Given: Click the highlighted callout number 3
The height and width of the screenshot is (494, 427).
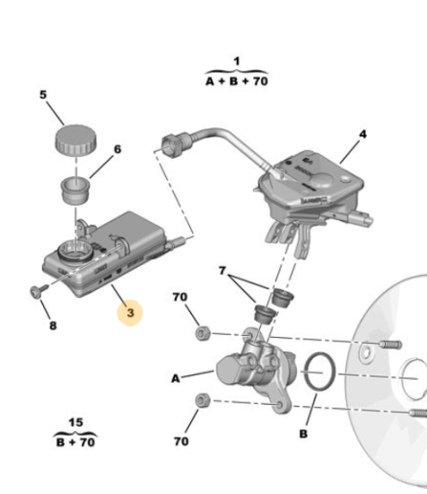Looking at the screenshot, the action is [130, 313].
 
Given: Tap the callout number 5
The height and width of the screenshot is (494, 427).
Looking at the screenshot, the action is [43, 94].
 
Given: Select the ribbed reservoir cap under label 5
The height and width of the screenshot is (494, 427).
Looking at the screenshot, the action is [76, 140].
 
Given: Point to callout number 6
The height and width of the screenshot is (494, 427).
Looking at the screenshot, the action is [118, 149].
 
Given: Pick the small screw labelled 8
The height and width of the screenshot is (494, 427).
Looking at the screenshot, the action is [39, 291].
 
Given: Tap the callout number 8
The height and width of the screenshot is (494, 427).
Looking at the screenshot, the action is [53, 325].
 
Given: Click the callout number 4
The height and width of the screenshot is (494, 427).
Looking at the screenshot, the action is [362, 135].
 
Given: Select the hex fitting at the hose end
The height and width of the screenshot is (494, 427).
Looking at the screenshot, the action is [172, 145].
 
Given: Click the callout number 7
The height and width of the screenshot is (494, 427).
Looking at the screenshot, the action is [222, 270].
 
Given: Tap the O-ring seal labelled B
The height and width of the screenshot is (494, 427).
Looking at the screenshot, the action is [319, 372].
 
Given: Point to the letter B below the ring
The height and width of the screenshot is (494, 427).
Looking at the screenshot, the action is [303, 434].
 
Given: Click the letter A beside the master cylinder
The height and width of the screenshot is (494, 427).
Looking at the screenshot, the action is [176, 378].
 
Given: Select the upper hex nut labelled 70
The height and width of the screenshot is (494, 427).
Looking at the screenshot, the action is [203, 333].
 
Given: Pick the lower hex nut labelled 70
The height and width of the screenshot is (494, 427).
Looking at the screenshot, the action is [203, 401].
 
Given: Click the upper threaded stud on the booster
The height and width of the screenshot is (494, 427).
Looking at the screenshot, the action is [390, 344].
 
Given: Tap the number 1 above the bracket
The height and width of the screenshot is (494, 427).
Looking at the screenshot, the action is [237, 61].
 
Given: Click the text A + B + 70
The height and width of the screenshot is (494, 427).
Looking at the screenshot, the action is [237, 81].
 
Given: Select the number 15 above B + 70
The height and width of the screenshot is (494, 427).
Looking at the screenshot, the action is [75, 422].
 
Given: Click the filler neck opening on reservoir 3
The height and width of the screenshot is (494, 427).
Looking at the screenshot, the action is [75, 251].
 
